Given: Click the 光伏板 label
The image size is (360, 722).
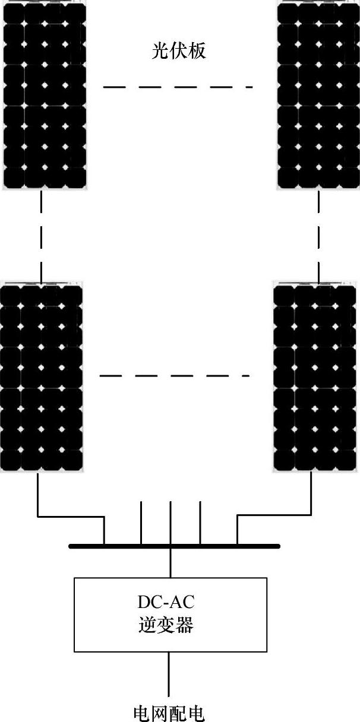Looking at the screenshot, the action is [179, 52].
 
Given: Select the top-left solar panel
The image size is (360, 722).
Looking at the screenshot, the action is [44, 96].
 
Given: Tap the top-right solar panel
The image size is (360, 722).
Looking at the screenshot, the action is [318, 96].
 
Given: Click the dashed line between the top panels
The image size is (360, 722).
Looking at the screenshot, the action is [178, 87].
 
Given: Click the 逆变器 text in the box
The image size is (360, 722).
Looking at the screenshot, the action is [170, 626].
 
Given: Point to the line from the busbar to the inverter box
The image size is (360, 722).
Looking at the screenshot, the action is [170, 562].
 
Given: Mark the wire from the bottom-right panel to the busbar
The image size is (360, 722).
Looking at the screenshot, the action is [273, 515].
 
